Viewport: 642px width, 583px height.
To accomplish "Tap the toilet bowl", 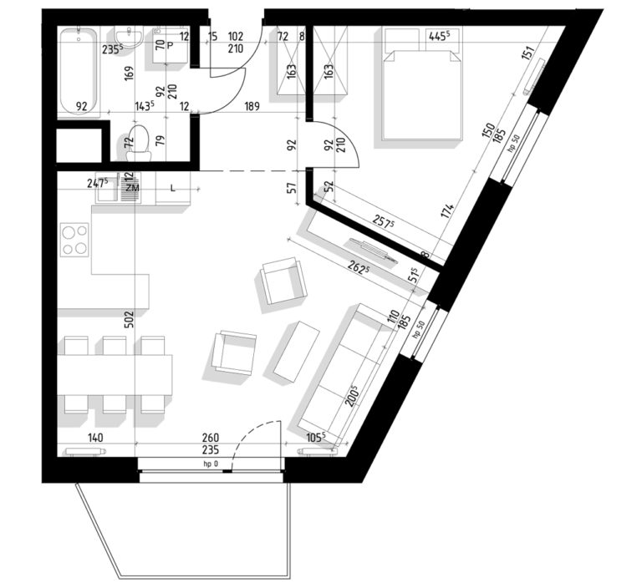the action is (x=139, y=143).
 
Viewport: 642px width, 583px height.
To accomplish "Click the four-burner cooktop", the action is (x=74, y=240).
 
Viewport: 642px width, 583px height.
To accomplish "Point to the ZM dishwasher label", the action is (x=132, y=188).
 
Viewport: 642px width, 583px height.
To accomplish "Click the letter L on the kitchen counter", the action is (x=173, y=188).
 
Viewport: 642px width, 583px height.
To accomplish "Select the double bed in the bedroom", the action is (x=421, y=84).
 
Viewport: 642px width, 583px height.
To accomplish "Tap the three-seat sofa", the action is (x=343, y=374).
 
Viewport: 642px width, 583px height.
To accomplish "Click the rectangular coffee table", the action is (x=297, y=352).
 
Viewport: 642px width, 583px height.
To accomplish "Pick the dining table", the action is (x=115, y=375).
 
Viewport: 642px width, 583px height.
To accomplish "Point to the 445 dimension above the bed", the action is (x=440, y=37).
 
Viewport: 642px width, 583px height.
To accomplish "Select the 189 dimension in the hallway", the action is (x=252, y=106).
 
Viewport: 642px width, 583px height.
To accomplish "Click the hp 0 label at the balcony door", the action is (x=211, y=464).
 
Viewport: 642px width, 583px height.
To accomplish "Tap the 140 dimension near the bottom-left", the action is (x=95, y=438).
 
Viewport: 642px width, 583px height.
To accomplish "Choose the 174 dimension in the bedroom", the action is (x=448, y=212).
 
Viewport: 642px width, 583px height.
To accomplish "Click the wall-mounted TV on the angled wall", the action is (x=370, y=250).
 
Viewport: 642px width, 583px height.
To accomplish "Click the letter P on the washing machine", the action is (x=170, y=45).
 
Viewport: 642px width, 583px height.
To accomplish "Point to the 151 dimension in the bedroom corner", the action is (x=528, y=53).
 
